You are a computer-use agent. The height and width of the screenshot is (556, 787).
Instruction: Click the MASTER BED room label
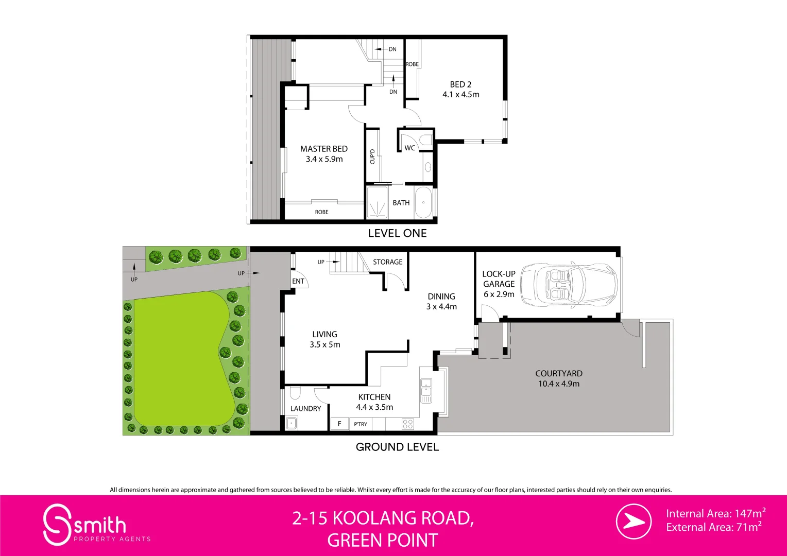[x=324, y=154]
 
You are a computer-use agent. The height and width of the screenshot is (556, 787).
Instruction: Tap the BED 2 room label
[x=460, y=89]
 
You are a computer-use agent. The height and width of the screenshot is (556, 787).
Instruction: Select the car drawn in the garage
[x=569, y=284]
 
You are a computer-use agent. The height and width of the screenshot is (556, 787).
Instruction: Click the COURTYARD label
[x=559, y=378]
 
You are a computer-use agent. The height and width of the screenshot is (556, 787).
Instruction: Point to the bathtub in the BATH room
[x=423, y=203]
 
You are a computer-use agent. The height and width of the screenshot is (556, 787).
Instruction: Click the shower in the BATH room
[x=377, y=203]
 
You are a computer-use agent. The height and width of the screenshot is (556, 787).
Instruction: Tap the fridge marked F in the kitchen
[x=339, y=424]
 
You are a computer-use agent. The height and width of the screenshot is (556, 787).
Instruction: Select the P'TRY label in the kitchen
[x=361, y=424]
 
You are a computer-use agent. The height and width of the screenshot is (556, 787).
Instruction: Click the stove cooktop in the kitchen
[x=408, y=424]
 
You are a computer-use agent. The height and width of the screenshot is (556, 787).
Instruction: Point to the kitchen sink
[x=426, y=391]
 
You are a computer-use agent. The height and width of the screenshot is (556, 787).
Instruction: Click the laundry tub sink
[x=292, y=423]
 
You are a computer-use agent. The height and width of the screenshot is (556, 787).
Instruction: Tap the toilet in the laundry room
[x=295, y=393]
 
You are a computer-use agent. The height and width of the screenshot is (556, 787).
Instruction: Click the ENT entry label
[x=298, y=281]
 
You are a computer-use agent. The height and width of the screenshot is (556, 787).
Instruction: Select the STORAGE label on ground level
[x=388, y=262]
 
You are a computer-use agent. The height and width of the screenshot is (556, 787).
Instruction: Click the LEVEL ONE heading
[x=397, y=233]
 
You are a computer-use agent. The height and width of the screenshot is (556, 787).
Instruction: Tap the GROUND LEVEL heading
[x=397, y=447]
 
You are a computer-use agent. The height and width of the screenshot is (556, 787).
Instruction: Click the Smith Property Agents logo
[x=85, y=525]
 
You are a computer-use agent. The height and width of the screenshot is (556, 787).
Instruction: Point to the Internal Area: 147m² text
[x=715, y=513]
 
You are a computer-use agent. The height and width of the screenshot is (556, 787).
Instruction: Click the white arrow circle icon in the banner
[x=634, y=522]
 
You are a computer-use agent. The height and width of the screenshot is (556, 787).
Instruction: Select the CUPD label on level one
[x=372, y=157]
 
